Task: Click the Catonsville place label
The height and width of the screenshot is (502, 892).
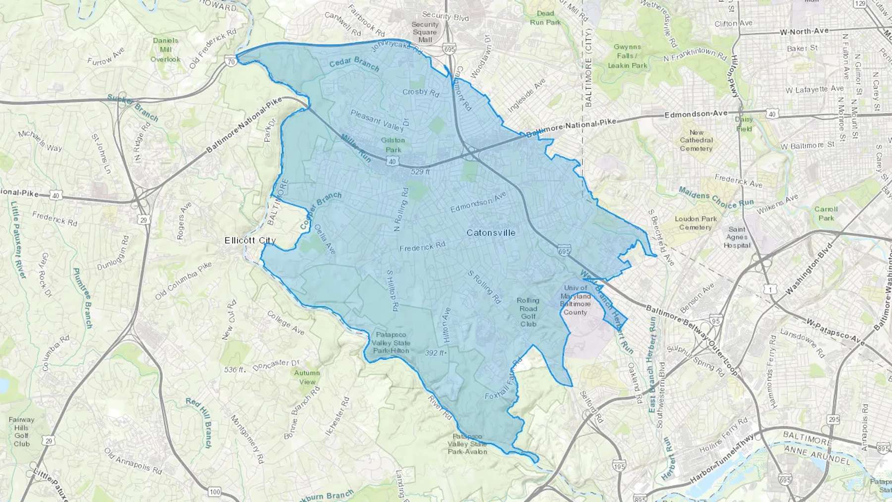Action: [491, 233]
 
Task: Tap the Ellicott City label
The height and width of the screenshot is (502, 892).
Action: [250, 240]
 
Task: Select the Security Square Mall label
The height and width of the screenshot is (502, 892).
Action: [425, 32]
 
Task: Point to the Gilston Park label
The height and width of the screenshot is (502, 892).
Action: [393, 145]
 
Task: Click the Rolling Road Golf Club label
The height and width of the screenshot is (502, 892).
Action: [528, 312]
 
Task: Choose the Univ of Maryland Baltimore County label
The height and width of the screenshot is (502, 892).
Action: [575, 300]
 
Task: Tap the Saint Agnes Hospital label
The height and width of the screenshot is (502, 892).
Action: [737, 237]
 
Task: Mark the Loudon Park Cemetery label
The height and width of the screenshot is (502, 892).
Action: [696, 223]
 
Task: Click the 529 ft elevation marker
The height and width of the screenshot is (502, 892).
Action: [420, 172]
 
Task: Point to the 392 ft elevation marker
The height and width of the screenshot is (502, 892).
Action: [436, 353]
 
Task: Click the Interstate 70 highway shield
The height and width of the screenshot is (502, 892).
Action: [230, 62]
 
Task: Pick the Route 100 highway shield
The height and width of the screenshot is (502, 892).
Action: [215, 492]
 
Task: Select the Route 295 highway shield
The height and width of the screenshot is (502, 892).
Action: [834, 419]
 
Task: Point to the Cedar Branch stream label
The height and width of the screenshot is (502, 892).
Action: [354, 63]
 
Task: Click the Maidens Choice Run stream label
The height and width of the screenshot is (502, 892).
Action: [716, 197]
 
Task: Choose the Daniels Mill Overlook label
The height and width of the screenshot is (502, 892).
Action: [166, 50]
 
